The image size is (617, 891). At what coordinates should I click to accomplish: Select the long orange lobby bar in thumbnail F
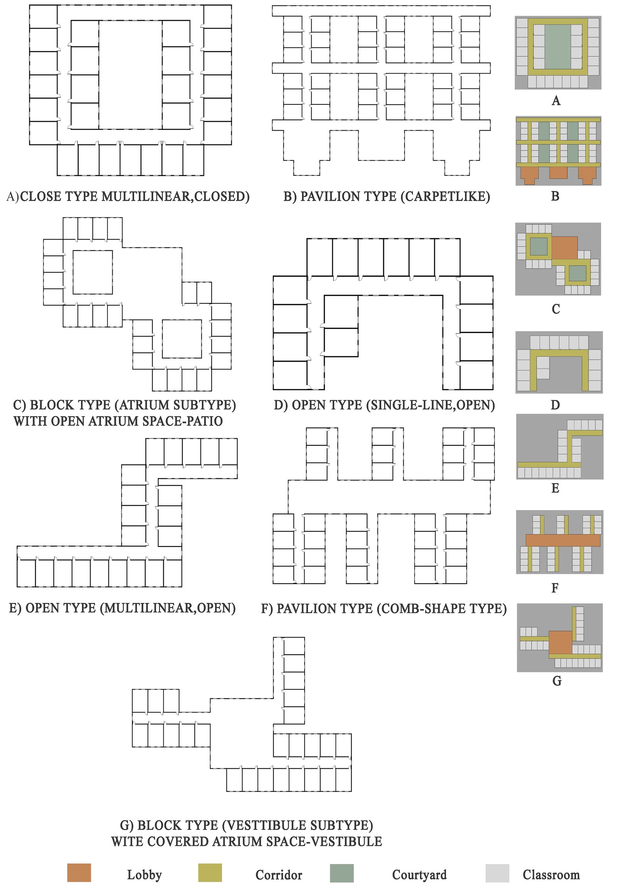point(563,541)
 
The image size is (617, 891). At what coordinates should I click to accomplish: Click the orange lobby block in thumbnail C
point(565,248)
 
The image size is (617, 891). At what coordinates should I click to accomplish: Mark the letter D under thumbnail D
point(555,405)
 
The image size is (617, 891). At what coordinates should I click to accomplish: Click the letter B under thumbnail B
point(555,196)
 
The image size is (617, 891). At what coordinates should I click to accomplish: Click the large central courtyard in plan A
point(131,75)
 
